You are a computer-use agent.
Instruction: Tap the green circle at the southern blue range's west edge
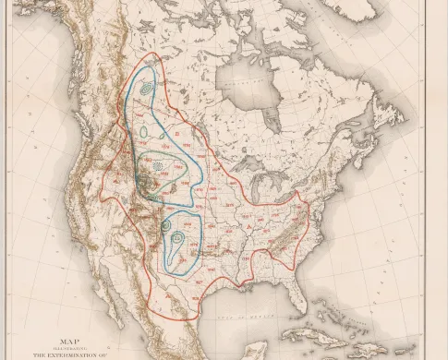tap(165, 224)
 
